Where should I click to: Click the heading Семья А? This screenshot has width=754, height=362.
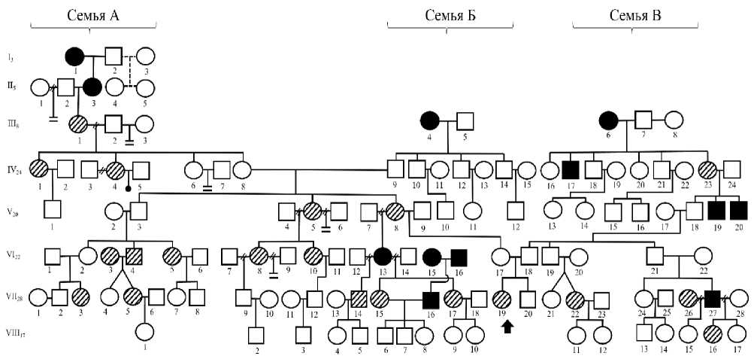92,15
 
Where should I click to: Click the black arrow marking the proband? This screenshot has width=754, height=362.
508,325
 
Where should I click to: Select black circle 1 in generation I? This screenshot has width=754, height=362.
74,56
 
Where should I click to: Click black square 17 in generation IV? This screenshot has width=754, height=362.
571,171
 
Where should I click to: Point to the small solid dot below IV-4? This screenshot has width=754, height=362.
129,186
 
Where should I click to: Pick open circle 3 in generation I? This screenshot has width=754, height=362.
145,56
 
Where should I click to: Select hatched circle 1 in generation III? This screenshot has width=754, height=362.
79,124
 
